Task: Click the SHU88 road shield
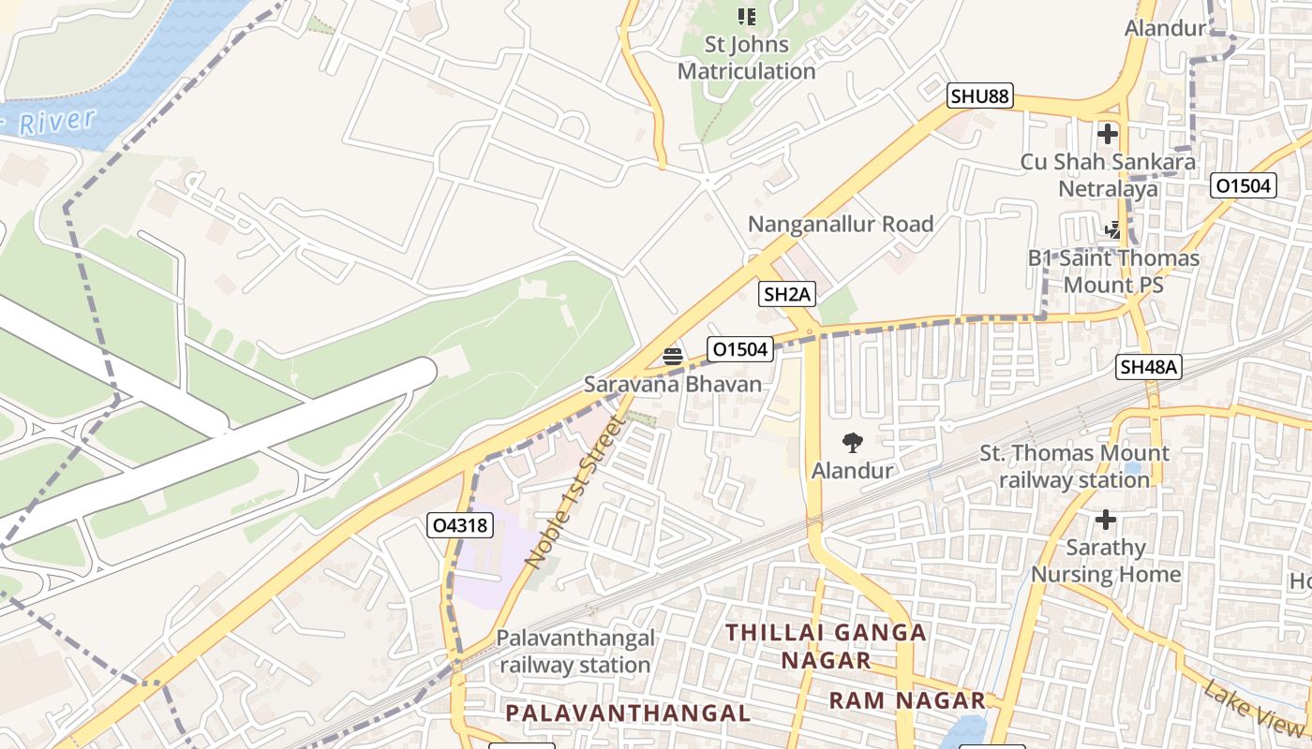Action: (980, 95)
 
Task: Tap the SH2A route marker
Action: (787, 294)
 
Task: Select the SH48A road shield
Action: (1148, 367)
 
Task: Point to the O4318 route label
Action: (460, 525)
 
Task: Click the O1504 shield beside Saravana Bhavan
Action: (739, 350)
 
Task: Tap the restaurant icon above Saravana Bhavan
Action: (672, 356)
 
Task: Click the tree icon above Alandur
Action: (852, 443)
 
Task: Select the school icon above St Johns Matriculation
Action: (746, 16)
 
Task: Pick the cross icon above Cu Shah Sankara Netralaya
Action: (1108, 134)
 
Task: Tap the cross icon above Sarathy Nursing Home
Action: (1106, 519)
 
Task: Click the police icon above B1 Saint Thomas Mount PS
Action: (1112, 228)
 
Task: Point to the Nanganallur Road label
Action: (841, 224)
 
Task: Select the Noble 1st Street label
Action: (574, 492)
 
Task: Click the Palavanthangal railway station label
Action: (575, 652)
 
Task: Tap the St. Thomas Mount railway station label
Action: (1074, 466)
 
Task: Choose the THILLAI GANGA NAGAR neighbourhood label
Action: (827, 646)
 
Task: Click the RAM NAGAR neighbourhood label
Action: (907, 700)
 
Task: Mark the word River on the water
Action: (57, 121)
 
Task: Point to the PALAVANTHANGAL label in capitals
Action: (628, 712)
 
